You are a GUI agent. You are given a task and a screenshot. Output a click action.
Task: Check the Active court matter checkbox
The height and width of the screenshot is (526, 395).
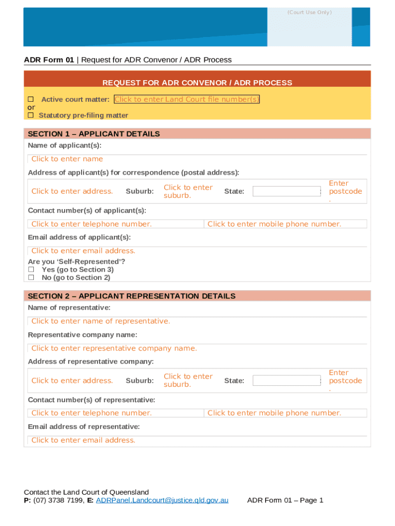click(x=31, y=99)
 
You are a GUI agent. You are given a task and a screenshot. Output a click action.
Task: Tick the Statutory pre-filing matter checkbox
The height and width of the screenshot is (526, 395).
click(x=31, y=115)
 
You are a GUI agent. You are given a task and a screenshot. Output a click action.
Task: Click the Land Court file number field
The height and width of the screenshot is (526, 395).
click(x=187, y=99)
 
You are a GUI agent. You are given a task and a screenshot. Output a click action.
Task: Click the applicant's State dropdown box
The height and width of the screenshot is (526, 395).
click(x=287, y=192)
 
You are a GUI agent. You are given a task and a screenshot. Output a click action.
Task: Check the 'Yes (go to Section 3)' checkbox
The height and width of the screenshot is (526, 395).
click(x=31, y=269)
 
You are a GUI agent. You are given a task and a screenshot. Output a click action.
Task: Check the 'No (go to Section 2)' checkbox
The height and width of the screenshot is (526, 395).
click(x=31, y=277)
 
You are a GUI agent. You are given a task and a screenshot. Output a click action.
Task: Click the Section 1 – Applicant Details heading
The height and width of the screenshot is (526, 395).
click(x=94, y=134)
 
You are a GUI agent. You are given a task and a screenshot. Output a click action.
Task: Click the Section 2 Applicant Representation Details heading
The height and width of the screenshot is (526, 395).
click(x=131, y=296)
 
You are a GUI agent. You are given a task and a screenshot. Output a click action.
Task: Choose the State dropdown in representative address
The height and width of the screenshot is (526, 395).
click(x=287, y=381)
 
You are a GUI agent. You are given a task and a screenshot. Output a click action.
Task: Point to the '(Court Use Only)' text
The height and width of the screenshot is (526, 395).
click(x=309, y=12)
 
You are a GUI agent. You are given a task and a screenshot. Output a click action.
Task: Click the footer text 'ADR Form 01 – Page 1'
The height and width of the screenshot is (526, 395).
click(x=285, y=500)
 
